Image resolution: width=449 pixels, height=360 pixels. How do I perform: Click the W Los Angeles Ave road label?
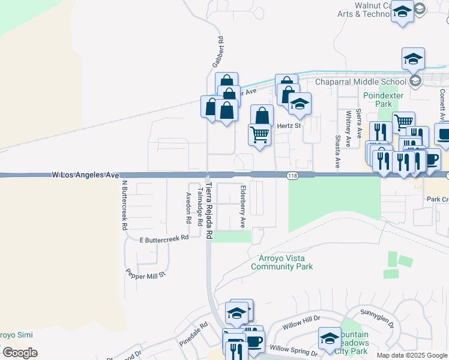click(x=86, y=175)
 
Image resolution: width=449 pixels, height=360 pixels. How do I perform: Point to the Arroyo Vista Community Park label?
click(x=285, y=262)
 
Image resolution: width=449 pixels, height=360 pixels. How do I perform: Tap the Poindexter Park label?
click(x=377, y=100)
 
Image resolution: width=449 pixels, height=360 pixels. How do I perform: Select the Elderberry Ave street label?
click(x=243, y=206)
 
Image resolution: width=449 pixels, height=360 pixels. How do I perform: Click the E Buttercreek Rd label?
click(x=164, y=238)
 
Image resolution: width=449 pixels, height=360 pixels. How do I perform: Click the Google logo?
click(x=20, y=352)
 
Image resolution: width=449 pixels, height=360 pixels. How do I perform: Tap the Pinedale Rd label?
click(x=193, y=334)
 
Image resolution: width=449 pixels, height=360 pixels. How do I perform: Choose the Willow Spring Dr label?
click(x=294, y=349)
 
